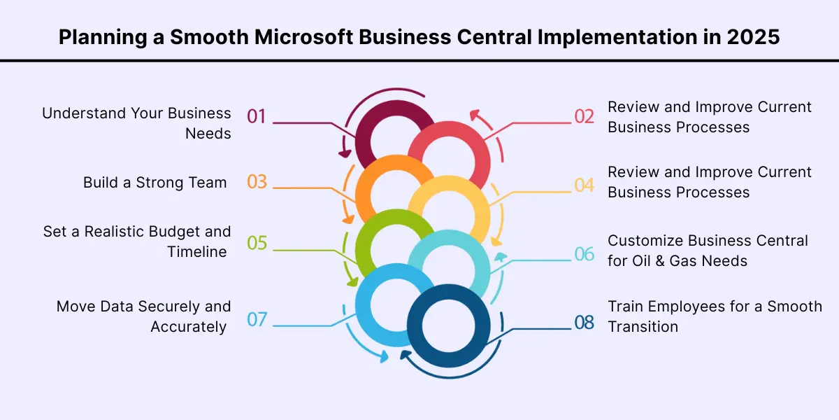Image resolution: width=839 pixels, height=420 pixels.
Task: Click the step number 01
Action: point(257,115)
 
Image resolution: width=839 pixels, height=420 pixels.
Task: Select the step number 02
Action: point(584,116)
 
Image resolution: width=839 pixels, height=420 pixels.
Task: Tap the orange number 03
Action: point(257,182)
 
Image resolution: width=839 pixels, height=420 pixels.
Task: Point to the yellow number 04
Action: point(584,185)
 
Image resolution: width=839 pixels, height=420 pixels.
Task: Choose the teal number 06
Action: point(584,253)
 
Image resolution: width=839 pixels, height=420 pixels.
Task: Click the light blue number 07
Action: point(257,319)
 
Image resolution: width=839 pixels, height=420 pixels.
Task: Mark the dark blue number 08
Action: point(584,322)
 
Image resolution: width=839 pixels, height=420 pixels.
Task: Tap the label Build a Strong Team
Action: point(155,183)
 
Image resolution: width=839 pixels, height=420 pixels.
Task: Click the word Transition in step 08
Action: point(643,326)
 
